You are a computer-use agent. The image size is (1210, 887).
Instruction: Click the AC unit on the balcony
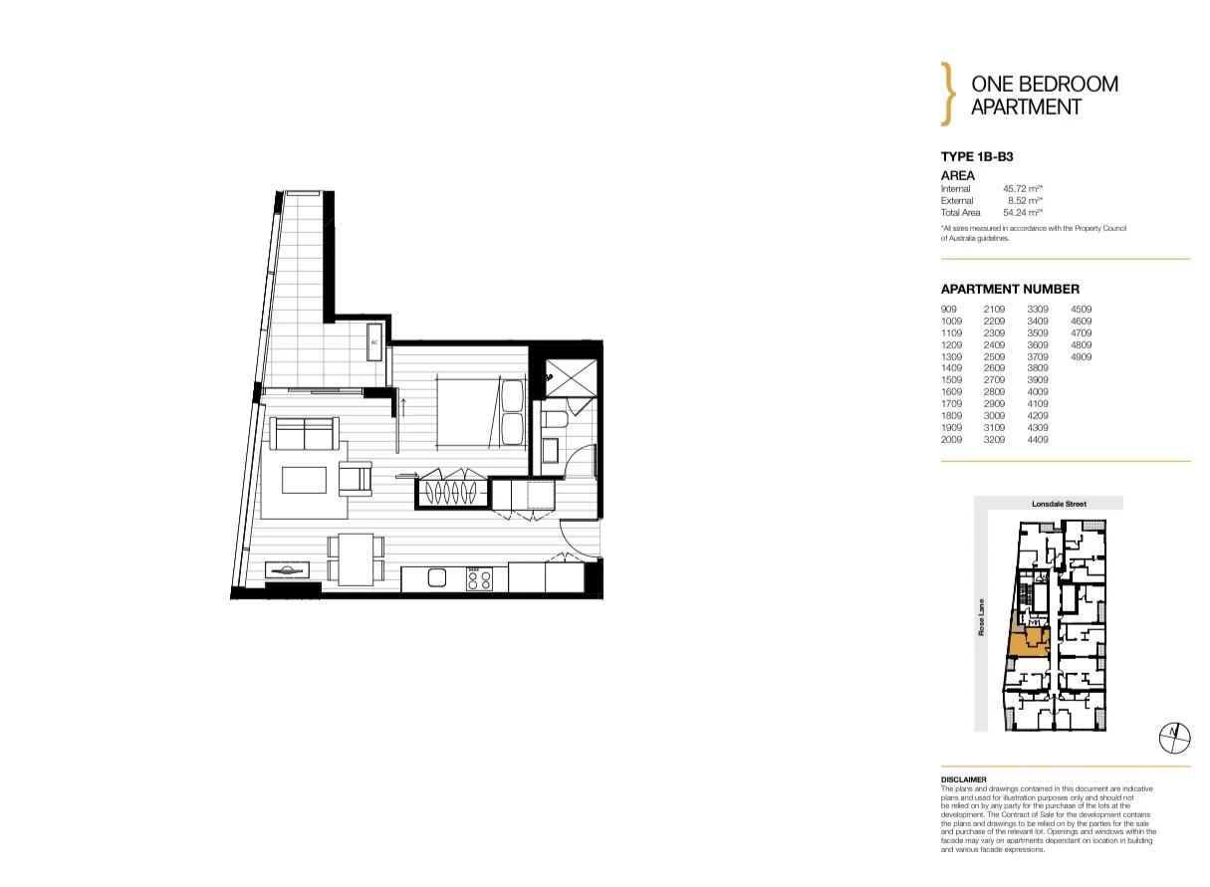tap(375, 341)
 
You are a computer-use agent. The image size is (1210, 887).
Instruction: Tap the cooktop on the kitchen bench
tap(479, 578)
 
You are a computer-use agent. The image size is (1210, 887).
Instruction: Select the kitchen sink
tap(436, 577)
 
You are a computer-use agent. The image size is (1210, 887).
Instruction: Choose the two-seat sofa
tap(305, 435)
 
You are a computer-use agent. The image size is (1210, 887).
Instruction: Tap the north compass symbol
tap(1175, 736)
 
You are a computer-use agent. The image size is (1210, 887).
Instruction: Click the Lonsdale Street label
tap(1062, 504)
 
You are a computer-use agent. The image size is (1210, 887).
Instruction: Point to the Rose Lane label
tap(982, 618)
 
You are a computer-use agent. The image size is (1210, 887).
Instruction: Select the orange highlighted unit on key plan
tap(1028, 645)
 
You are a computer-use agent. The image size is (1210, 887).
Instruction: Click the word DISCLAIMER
tap(963, 779)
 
